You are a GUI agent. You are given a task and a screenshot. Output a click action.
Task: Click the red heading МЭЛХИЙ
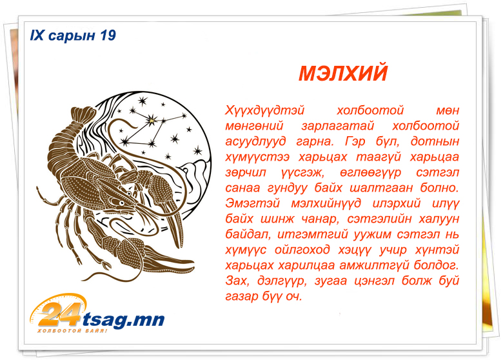click(x=343, y=73)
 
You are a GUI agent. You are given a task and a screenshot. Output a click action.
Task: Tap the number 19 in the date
click(x=108, y=35)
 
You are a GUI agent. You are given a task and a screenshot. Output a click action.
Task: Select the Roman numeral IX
click(x=37, y=35)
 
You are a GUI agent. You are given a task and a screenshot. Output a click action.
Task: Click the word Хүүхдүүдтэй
click(x=264, y=110)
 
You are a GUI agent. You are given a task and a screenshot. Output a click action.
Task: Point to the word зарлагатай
click(x=338, y=126)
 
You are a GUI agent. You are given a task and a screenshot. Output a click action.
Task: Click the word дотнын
click(x=435, y=141)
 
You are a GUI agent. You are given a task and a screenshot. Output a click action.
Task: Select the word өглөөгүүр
click(x=371, y=173)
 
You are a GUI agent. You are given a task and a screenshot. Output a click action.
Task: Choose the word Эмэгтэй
click(x=252, y=203)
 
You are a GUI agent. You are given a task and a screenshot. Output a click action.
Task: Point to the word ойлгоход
click(x=302, y=250)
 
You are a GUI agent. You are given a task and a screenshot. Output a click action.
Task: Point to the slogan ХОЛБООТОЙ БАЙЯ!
click(x=72, y=330)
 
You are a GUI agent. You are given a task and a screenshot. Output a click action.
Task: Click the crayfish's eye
click(x=122, y=203)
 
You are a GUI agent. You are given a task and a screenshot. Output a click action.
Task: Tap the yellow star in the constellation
click(x=150, y=121)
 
